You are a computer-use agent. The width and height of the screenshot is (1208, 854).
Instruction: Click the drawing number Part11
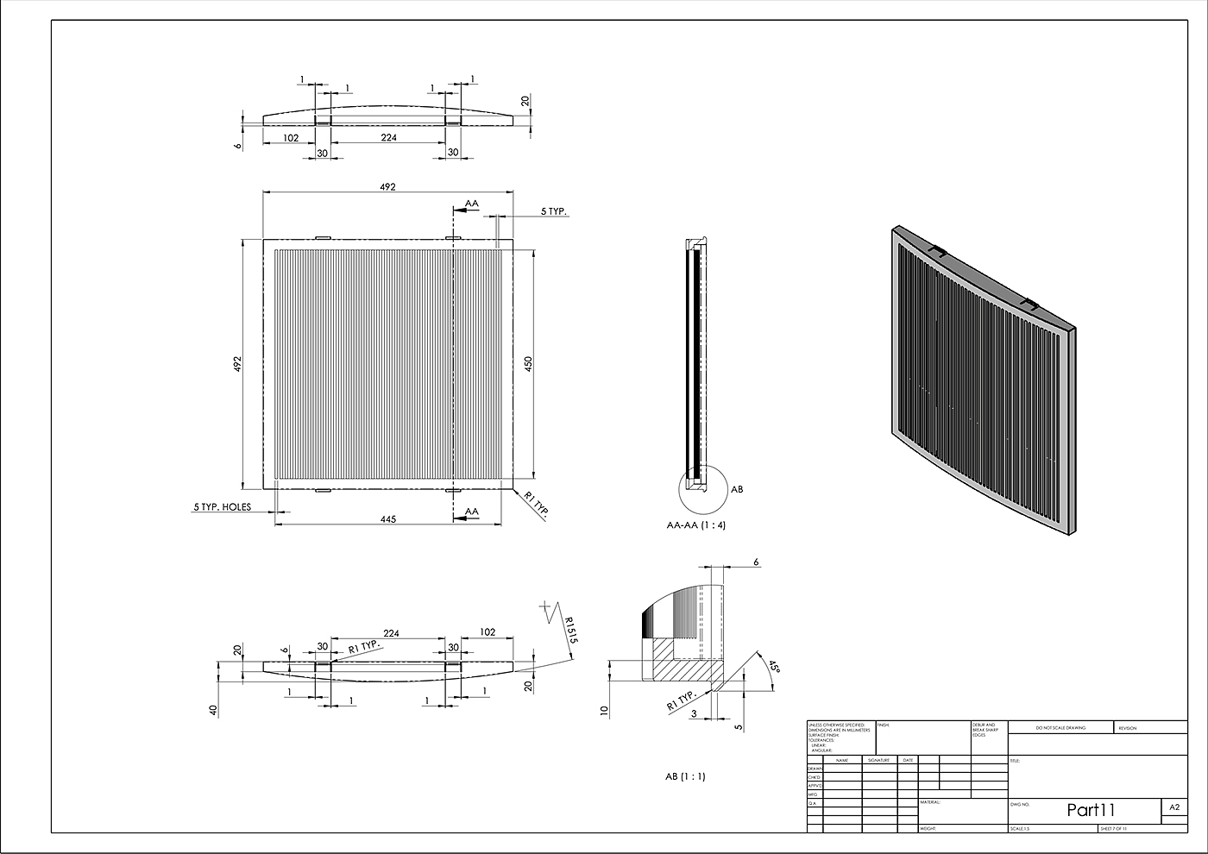coord(1091,810)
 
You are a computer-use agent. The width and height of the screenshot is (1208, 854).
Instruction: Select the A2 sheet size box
coord(1173,808)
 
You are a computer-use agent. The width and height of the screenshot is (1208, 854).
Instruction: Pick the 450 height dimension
coord(529,364)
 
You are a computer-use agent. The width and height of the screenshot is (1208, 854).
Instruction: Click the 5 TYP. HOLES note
coord(222,507)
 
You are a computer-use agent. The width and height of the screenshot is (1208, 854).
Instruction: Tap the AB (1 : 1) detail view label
coord(684,776)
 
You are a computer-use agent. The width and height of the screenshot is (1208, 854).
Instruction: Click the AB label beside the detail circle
coord(736,489)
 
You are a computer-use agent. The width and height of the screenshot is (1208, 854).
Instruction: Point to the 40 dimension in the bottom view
coord(212,710)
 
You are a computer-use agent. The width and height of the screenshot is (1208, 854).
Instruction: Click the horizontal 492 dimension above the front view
coord(387,186)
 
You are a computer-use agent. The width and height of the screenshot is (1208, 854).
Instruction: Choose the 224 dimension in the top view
coord(388,137)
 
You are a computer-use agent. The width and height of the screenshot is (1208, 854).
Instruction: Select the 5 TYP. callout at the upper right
coord(554,211)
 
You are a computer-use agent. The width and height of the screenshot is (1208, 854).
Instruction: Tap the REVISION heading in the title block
coord(1128,728)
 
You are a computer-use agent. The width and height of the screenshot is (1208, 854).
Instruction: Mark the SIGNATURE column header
coord(878,760)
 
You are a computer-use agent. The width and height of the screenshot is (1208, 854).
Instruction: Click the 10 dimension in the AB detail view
coord(604,711)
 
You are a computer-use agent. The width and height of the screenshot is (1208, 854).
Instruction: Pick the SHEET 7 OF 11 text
coord(1113,828)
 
